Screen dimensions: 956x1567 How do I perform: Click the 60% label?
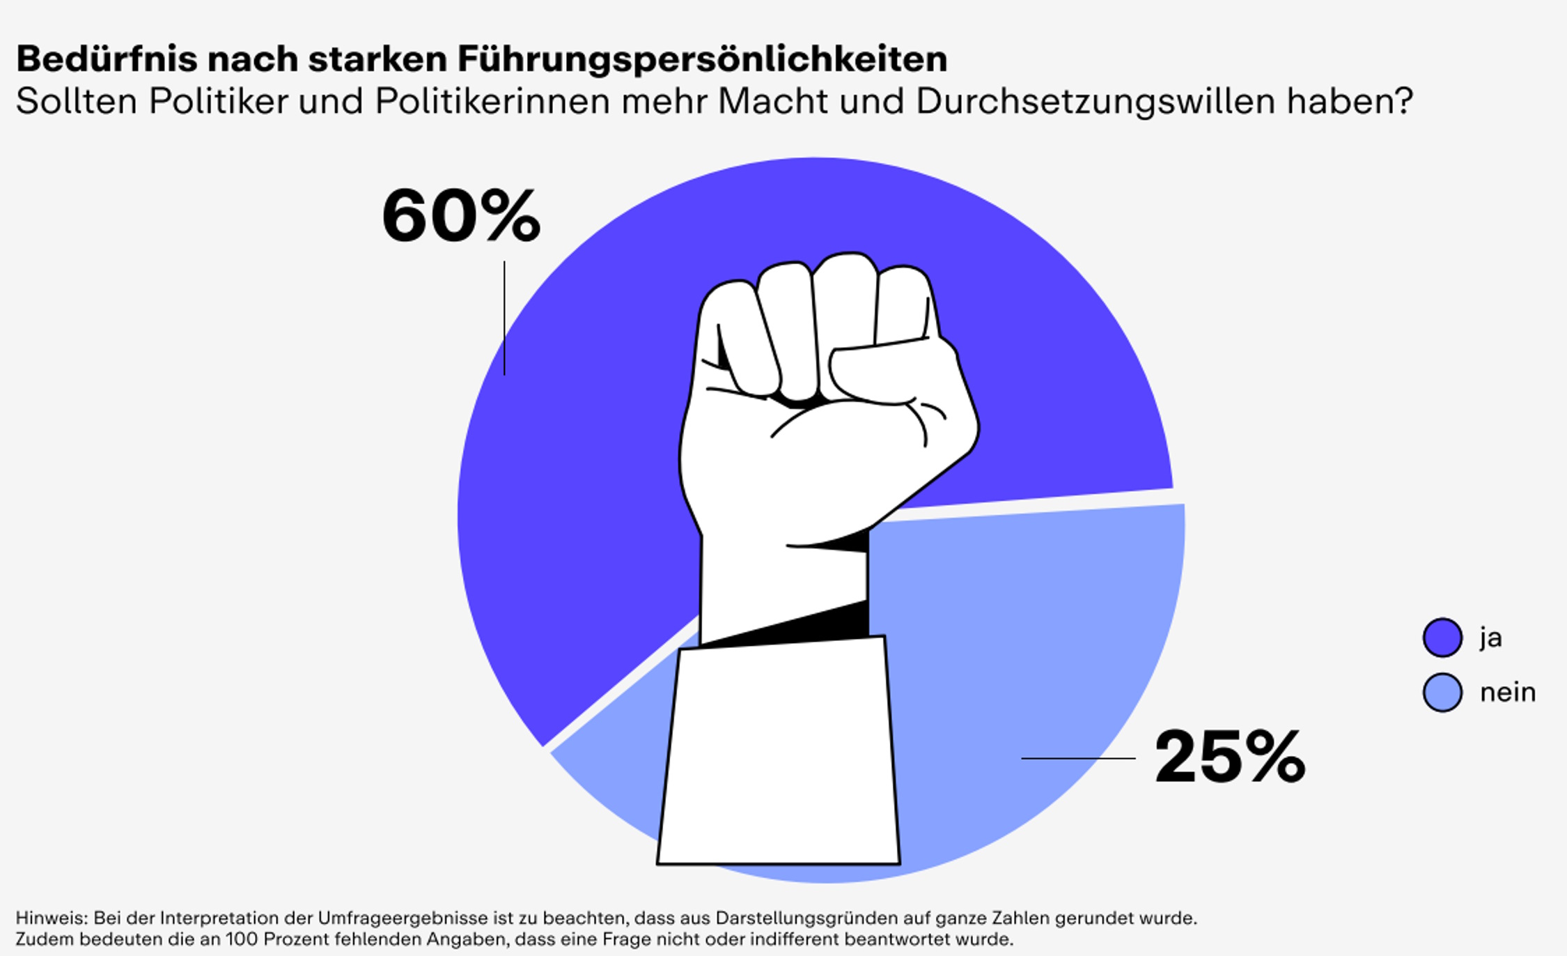pos(461,216)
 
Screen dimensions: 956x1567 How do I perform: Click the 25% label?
pos(1230,758)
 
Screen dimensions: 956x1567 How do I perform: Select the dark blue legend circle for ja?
pos(1442,638)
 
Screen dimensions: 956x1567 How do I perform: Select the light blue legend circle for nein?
pos(1442,692)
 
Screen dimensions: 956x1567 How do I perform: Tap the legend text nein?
pos(1508,693)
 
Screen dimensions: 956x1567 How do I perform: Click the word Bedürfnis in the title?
pos(107,59)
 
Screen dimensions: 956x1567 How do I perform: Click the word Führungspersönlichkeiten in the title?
pos(702,60)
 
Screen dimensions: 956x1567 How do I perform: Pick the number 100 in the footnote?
pos(240,939)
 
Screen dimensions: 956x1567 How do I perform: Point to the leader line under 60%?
pos(504,318)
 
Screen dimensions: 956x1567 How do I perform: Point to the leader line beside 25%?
pos(1078,758)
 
